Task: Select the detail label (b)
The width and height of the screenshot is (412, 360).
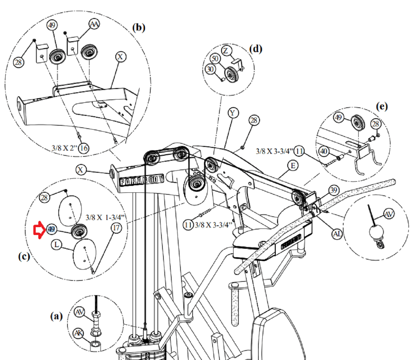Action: (x=139, y=27)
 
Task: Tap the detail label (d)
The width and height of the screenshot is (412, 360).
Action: (x=255, y=49)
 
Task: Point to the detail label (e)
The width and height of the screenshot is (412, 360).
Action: (x=382, y=106)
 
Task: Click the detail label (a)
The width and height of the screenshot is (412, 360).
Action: (x=56, y=316)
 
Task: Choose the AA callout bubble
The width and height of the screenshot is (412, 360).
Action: (x=94, y=24)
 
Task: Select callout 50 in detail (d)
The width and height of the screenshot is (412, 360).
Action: (x=215, y=59)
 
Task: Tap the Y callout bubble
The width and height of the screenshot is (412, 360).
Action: (x=233, y=113)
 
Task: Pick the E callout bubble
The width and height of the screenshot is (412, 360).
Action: (x=293, y=166)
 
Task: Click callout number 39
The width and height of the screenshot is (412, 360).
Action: (x=333, y=190)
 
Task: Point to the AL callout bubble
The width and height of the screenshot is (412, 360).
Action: (x=337, y=234)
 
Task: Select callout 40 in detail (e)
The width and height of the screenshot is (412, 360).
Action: (x=324, y=151)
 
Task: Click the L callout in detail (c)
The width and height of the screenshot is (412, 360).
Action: (x=57, y=244)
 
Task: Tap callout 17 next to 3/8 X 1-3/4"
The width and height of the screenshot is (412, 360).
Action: (x=116, y=228)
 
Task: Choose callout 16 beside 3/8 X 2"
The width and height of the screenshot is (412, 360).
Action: (x=84, y=148)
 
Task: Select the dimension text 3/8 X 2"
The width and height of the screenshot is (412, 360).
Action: (x=65, y=148)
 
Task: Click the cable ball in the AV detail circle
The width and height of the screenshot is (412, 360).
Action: (x=376, y=233)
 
